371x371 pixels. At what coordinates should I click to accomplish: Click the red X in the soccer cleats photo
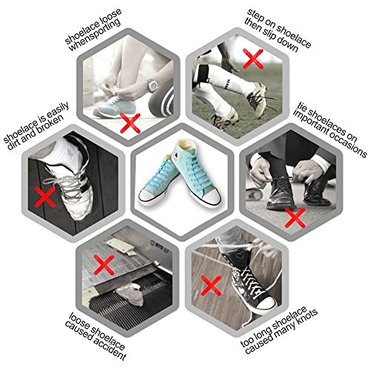(x=253, y=59)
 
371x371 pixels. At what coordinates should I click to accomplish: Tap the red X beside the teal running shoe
(x=131, y=123)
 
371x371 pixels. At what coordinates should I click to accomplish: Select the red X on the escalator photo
(x=104, y=266)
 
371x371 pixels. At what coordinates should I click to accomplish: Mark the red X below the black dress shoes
(x=295, y=217)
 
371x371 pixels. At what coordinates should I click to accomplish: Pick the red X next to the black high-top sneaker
(x=211, y=286)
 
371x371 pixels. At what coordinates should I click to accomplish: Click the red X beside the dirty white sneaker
(x=45, y=197)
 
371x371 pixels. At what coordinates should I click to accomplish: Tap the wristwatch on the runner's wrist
(x=151, y=85)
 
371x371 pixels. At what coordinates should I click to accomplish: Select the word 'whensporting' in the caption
(x=95, y=35)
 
